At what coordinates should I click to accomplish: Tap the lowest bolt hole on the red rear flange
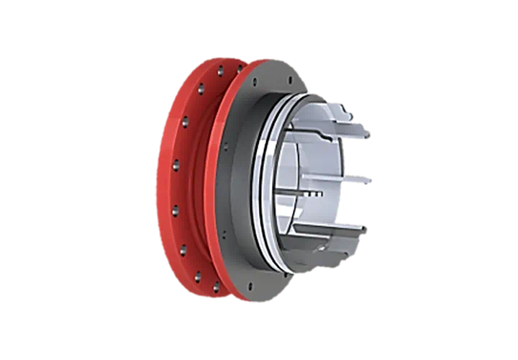click(214, 287)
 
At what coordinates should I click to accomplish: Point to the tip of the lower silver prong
click(363, 230)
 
